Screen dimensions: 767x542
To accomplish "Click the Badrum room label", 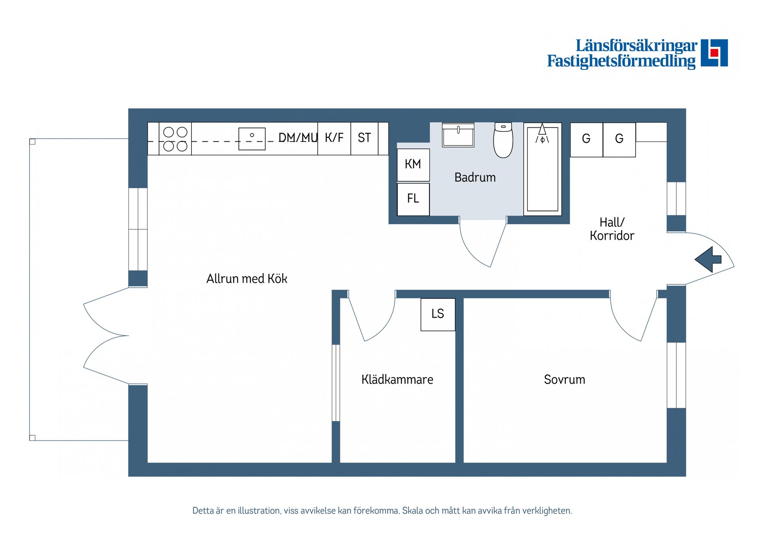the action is (475, 177).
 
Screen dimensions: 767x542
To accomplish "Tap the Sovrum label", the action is (564, 379).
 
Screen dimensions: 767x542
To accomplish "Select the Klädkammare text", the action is (397, 379).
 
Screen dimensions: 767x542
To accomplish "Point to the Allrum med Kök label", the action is (246, 278).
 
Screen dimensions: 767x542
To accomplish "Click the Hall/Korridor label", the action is (612, 229).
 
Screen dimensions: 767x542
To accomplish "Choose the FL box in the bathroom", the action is (413, 199).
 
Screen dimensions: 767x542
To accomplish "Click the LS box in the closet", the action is (438, 314).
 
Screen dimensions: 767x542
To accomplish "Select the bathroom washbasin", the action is (458, 135).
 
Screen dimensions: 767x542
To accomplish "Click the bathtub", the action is (542, 169).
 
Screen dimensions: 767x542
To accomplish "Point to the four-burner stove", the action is (175, 139).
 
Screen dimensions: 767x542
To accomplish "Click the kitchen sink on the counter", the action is (252, 139).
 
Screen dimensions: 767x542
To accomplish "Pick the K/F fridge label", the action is (334, 138).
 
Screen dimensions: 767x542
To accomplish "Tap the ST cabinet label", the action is (364, 138).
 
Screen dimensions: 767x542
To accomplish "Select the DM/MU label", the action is (298, 138).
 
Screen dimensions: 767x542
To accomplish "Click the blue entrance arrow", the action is (708, 260).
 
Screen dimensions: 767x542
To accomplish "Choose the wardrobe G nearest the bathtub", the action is (586, 139).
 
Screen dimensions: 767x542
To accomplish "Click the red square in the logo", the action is (714, 53).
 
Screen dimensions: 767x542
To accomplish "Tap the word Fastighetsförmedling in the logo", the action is (621, 61).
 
